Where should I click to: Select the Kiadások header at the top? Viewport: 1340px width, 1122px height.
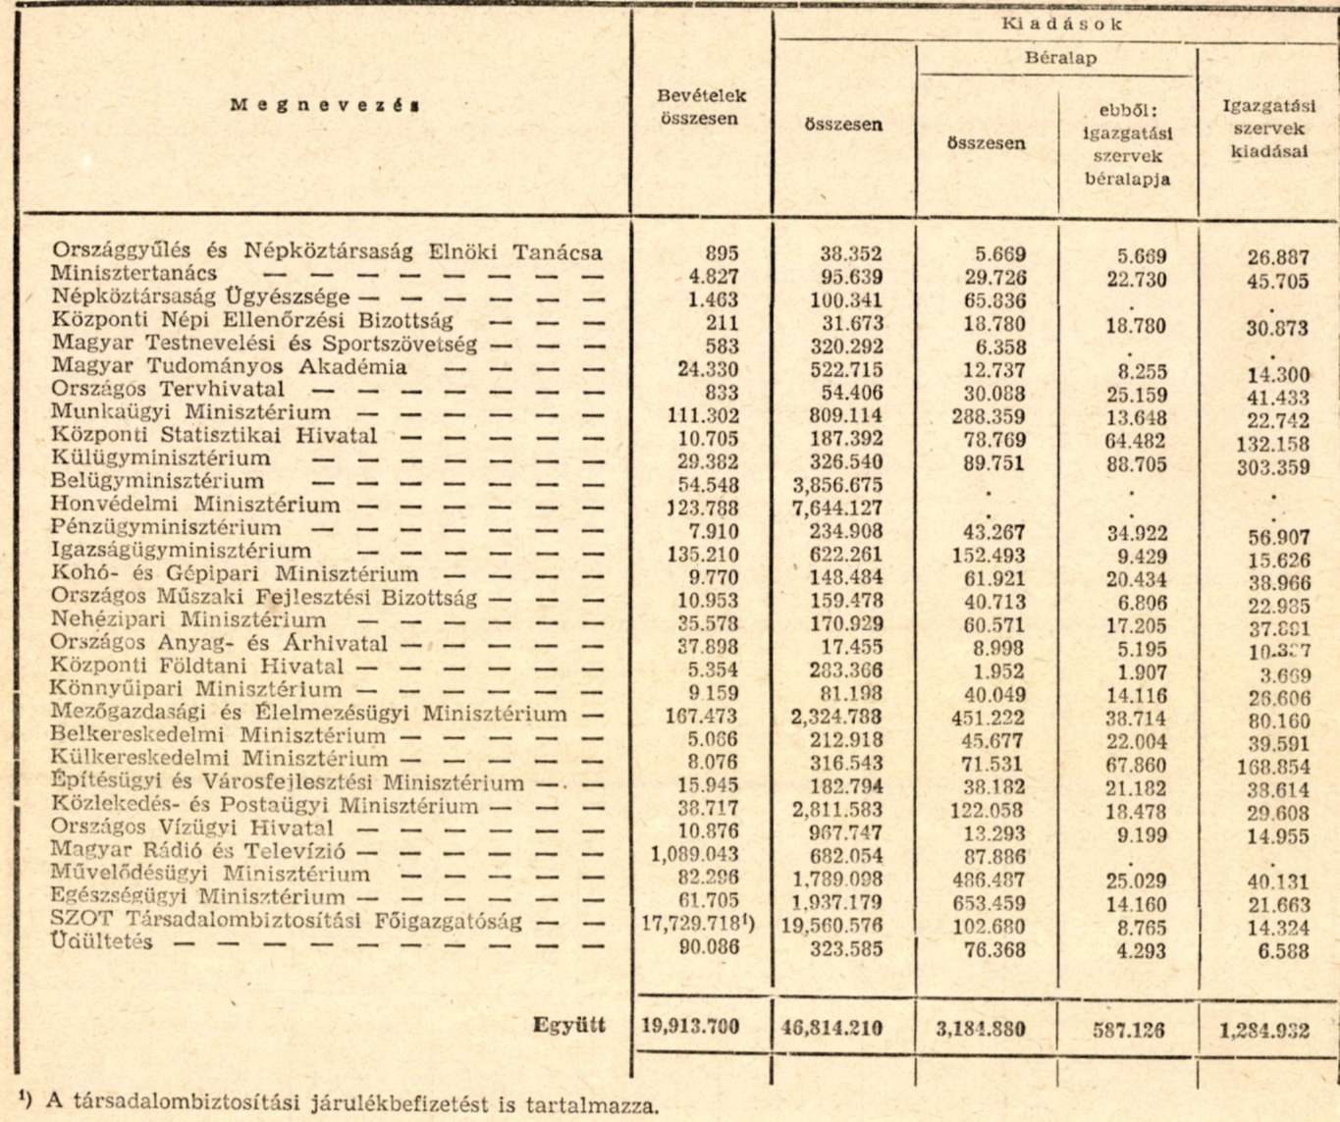[1060, 25]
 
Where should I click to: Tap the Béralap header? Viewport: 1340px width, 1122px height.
[1060, 58]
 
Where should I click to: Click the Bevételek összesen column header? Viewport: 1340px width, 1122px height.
[701, 107]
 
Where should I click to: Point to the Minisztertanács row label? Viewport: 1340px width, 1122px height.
[134, 274]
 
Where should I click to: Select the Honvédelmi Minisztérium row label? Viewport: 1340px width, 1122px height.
[196, 505]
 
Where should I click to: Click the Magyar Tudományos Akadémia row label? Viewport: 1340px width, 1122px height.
[229, 367]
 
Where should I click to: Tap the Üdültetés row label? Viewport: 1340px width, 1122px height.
[102, 942]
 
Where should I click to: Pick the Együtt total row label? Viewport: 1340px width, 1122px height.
[569, 1026]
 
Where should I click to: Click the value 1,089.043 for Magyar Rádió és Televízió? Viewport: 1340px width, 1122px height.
[694, 855]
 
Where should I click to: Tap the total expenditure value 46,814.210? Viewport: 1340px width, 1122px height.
[832, 1028]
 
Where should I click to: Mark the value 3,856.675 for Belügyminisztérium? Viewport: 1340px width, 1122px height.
[837, 485]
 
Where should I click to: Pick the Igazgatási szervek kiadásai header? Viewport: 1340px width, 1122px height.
[1267, 129]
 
